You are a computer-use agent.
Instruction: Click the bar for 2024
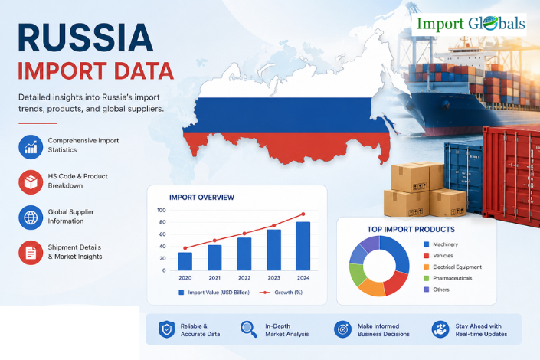(x=303, y=246)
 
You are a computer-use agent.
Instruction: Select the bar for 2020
(x=185, y=261)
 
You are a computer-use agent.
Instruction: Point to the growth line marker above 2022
(x=244, y=234)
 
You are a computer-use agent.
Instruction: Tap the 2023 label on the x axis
(x=273, y=278)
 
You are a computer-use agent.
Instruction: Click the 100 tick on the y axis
(x=161, y=210)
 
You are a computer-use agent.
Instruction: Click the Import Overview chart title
(x=201, y=198)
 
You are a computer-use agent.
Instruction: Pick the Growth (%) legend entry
(x=280, y=293)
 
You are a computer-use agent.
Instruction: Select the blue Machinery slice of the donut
(x=396, y=254)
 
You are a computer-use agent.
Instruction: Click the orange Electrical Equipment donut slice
(x=372, y=287)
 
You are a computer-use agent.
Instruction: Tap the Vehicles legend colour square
(x=427, y=256)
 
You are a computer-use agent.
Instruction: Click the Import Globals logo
(x=469, y=24)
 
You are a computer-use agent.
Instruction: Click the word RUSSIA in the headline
(x=86, y=38)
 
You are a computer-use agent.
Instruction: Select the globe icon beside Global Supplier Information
(x=31, y=218)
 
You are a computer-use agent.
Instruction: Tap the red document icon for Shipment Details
(x=31, y=253)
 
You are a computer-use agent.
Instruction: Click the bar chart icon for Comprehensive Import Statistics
(x=31, y=147)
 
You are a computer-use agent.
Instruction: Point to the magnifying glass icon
(x=249, y=329)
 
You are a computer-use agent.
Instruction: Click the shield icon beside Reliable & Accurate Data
(x=167, y=329)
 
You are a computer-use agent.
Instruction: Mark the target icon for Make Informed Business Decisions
(x=342, y=329)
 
